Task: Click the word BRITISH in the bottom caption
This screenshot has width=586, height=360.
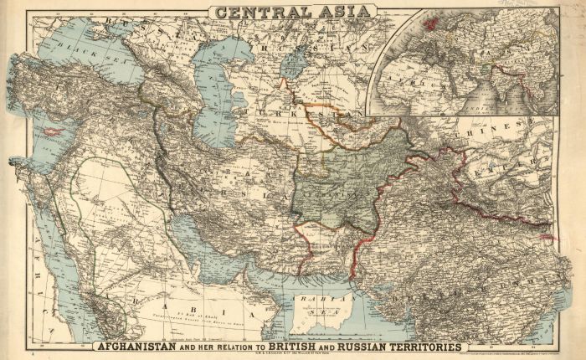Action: pos(326,346)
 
